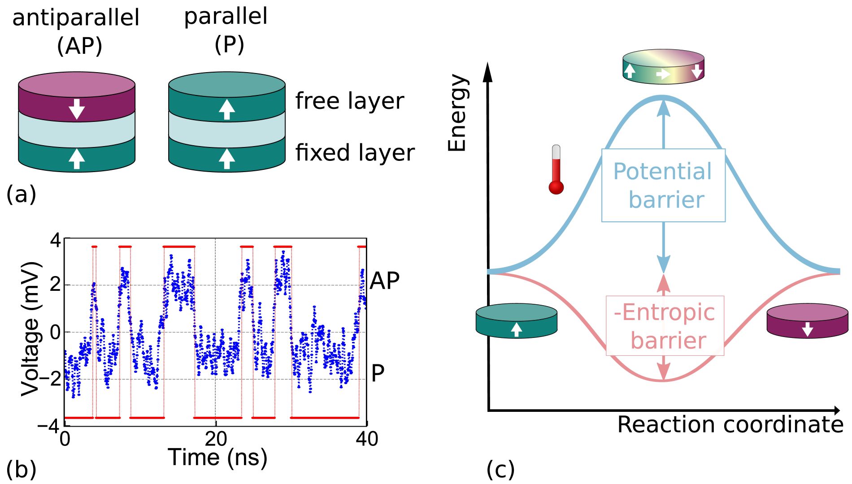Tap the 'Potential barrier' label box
pyautogui.click(x=663, y=185)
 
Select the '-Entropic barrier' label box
pyautogui.click(x=665, y=326)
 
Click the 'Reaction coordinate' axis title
pyautogui.click(x=730, y=424)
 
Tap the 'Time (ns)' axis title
pyautogui.click(x=217, y=458)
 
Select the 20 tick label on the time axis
pyautogui.click(x=216, y=439)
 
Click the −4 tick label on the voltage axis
pyautogui.click(x=49, y=425)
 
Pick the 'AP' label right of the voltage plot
pyautogui.click(x=384, y=281)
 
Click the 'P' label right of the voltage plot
pyautogui.click(x=378, y=373)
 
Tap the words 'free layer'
pyautogui.click(x=349, y=101)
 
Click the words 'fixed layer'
pyautogui.click(x=355, y=152)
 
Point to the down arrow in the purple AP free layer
pyautogui.click(x=77, y=109)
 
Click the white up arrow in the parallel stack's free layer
pyautogui.click(x=227, y=109)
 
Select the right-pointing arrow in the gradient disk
pyautogui.click(x=663, y=74)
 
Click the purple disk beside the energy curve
pyautogui.click(x=807, y=321)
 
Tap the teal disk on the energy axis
pyautogui.click(x=516, y=321)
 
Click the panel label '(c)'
pyautogui.click(x=500, y=470)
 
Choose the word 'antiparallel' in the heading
pyautogui.click(x=76, y=18)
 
